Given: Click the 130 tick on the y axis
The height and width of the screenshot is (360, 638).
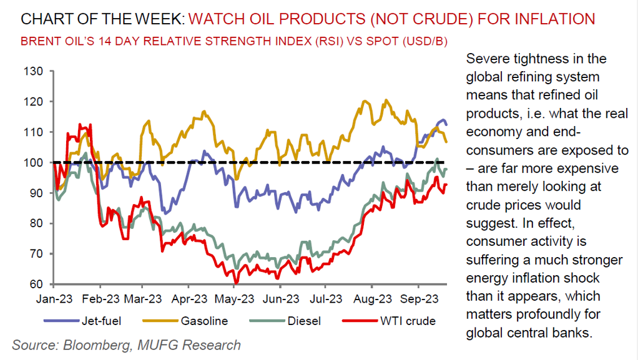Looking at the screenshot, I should coord(34,71).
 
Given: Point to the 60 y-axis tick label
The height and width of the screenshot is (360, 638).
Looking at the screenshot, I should coord(37,285).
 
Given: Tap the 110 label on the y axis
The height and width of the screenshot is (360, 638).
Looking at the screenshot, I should coord(34,132).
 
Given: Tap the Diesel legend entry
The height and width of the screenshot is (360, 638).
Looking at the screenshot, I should coord(303,321).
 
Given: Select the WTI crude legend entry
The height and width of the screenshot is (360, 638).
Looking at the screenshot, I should coord(406,321).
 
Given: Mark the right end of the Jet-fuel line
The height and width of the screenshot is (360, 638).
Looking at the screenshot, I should coord(446,125).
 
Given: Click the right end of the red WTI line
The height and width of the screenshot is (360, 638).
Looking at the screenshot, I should coord(446,185).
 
